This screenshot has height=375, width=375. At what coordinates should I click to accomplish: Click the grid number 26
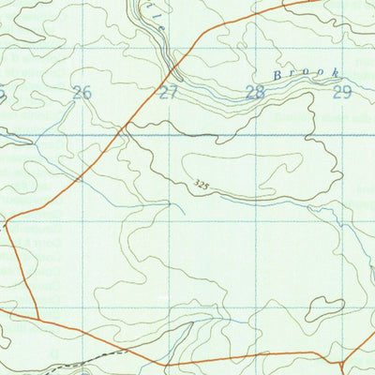82,92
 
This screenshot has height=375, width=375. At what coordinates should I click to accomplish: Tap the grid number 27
168,92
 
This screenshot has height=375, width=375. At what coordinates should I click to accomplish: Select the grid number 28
254,92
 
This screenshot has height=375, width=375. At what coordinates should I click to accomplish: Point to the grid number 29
341,92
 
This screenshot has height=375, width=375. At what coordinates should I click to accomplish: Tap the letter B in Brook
277,74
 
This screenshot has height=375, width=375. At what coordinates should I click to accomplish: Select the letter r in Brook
290,74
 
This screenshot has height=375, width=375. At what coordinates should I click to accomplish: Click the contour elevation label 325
202,186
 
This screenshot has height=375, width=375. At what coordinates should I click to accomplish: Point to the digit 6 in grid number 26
87,92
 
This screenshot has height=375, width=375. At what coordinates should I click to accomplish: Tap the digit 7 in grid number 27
172,92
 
